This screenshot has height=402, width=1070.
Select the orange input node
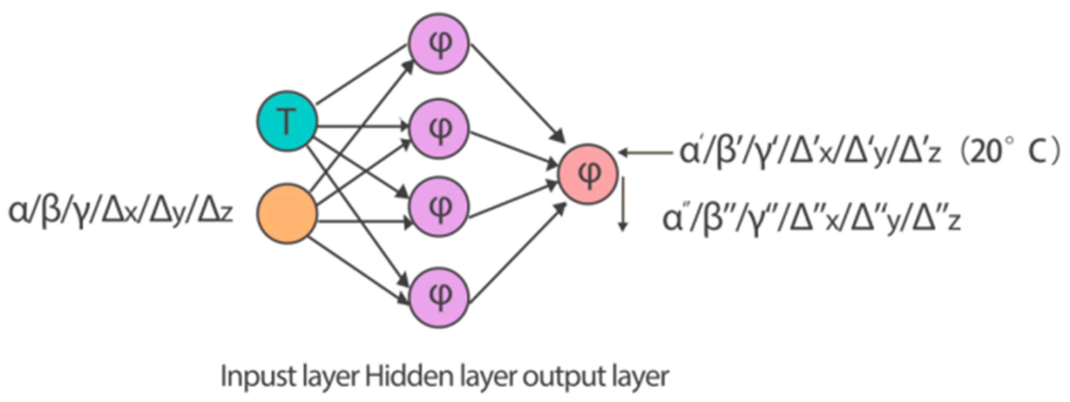pos(287,214)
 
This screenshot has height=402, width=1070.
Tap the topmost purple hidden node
pos(439,43)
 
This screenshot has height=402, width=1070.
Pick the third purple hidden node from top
pos(439,206)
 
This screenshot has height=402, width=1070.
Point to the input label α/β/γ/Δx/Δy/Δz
pos(120,213)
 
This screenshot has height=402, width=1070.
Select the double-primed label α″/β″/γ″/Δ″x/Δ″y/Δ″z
pos(812,220)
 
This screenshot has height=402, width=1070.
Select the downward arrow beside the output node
pos(622,203)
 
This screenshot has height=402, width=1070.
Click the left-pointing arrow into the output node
pos(646,153)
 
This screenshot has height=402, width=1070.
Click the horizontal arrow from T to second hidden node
pos(361,126)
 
